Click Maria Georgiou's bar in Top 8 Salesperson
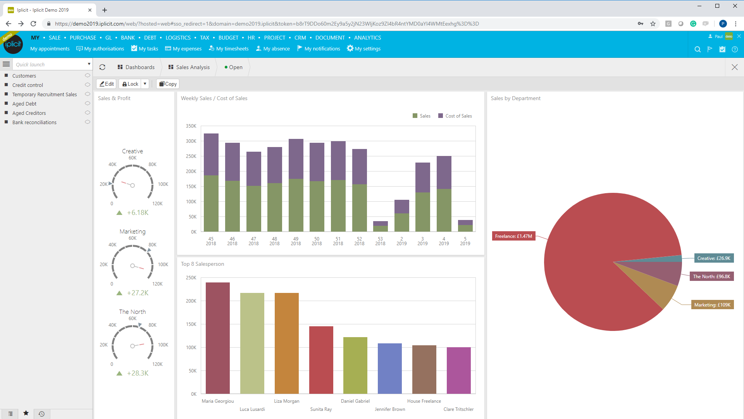pos(217,338)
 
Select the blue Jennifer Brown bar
pos(389,368)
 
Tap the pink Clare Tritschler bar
pos(458,370)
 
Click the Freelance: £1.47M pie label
pos(513,236)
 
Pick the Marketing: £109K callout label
pos(712,305)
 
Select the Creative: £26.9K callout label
pos(713,258)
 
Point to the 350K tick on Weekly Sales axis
pos(191,126)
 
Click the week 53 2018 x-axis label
pos(380,241)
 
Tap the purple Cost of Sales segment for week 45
pos(211,154)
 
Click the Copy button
pos(168,84)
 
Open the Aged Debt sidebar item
pos(24,104)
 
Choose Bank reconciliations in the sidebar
pos(34,122)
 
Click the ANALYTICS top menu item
pos(367,38)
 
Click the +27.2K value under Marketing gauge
pos(138,293)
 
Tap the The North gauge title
pos(133,312)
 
